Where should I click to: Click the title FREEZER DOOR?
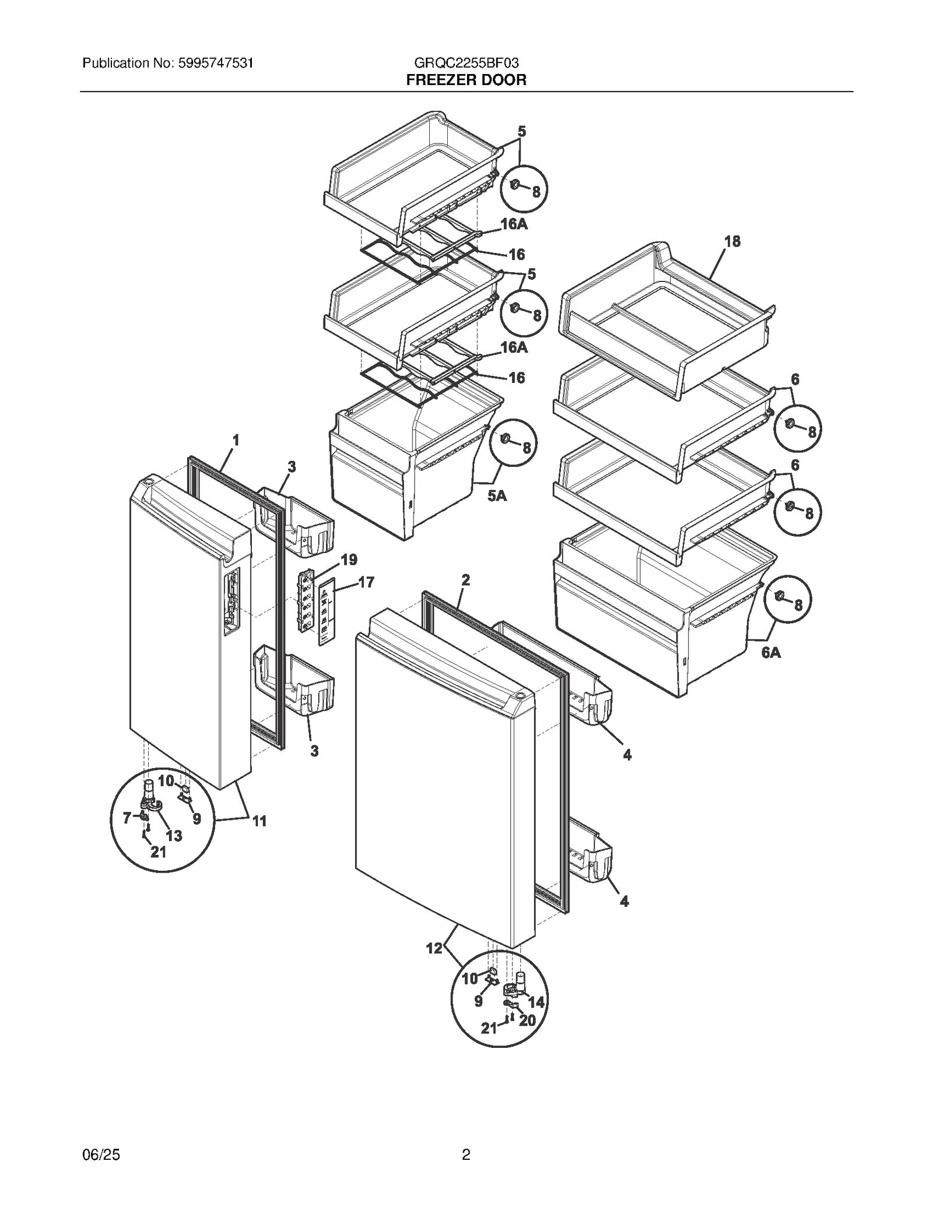pos(466,80)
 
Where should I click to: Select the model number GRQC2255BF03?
pos(466,63)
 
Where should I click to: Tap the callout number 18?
pos(732,241)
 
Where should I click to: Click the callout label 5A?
pos(497,496)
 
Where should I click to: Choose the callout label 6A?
pos(771,653)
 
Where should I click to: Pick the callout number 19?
pos(349,560)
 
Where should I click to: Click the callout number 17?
pos(366,582)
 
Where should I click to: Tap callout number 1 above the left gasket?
pos(236,441)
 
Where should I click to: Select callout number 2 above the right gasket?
pos(465,580)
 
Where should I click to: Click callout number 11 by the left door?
pos(259,821)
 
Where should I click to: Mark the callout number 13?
pos(173,836)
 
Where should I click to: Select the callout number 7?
pos(127,818)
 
